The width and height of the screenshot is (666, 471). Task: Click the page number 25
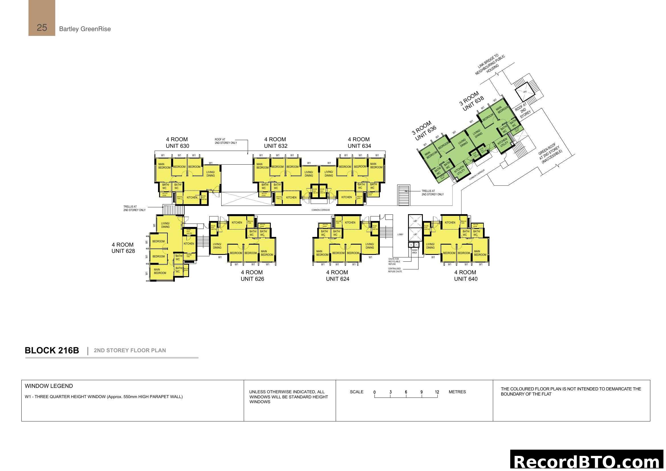coord(42,28)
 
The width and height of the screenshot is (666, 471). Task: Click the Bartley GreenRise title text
coord(85,29)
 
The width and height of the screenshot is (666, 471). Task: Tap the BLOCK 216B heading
coord(52,350)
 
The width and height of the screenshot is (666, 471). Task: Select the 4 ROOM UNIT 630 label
coord(177,143)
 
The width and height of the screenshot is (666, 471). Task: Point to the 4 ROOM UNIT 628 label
coord(123,248)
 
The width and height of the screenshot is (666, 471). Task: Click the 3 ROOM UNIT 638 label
coord(471,101)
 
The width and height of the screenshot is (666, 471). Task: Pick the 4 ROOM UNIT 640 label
coord(465,276)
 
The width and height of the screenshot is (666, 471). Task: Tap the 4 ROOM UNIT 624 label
coord(337,276)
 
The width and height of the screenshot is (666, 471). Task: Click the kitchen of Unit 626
coord(237,222)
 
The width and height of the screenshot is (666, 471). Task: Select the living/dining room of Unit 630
coord(210,174)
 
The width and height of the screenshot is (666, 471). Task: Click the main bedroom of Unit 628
coord(160,271)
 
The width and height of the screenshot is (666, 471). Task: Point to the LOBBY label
coord(400,234)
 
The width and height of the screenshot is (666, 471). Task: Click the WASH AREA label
coord(415,251)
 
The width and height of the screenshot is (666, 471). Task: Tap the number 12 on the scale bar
coord(437,392)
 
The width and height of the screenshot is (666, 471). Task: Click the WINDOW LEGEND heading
coord(49,386)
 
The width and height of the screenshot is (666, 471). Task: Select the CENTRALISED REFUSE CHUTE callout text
coord(395,270)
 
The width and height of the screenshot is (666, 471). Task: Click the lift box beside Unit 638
coord(525,92)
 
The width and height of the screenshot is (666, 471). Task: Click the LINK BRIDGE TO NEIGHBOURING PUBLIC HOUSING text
coord(490,64)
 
